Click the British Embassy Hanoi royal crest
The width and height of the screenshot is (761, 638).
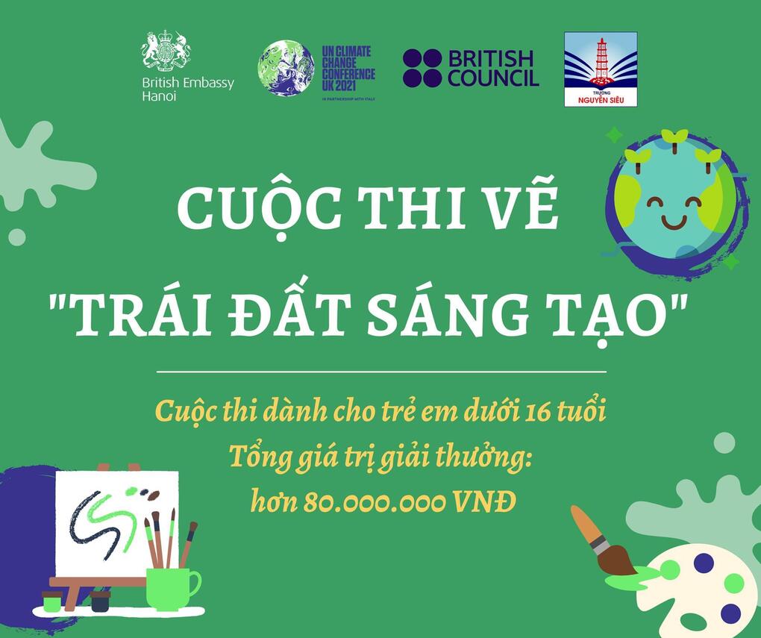click(166, 51)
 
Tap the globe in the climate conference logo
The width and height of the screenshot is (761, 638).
click(286, 69)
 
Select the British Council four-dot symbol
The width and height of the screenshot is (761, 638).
click(422, 69)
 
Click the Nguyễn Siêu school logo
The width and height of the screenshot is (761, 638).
click(600, 69)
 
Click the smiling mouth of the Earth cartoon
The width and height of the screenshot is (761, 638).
click(673, 222)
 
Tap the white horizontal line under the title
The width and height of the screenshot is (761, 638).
click(380, 371)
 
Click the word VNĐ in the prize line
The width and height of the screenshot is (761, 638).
click(485, 502)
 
